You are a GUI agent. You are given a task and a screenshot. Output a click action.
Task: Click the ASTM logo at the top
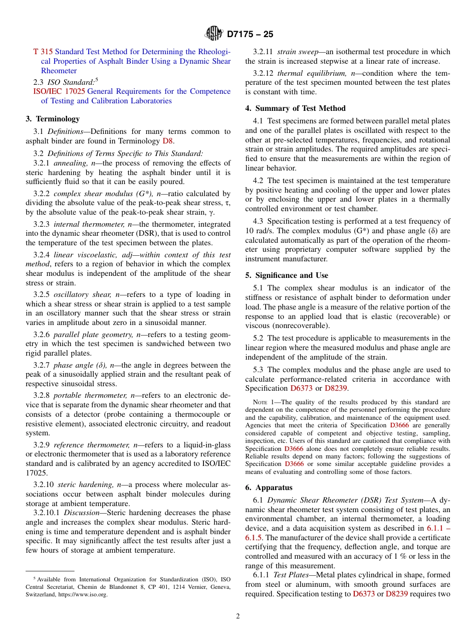213,34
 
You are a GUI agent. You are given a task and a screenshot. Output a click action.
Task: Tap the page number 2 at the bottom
238,616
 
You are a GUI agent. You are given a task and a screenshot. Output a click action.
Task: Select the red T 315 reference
43,52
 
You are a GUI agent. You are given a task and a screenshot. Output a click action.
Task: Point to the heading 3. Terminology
53,119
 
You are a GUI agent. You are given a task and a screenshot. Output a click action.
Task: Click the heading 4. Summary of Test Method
295,108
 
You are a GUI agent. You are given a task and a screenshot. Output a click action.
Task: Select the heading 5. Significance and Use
287,275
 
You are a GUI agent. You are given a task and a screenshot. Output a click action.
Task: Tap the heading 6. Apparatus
269,488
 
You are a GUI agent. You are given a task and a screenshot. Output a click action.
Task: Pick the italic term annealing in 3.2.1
71,163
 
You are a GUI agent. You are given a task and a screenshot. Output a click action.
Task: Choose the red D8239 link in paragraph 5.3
336,388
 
